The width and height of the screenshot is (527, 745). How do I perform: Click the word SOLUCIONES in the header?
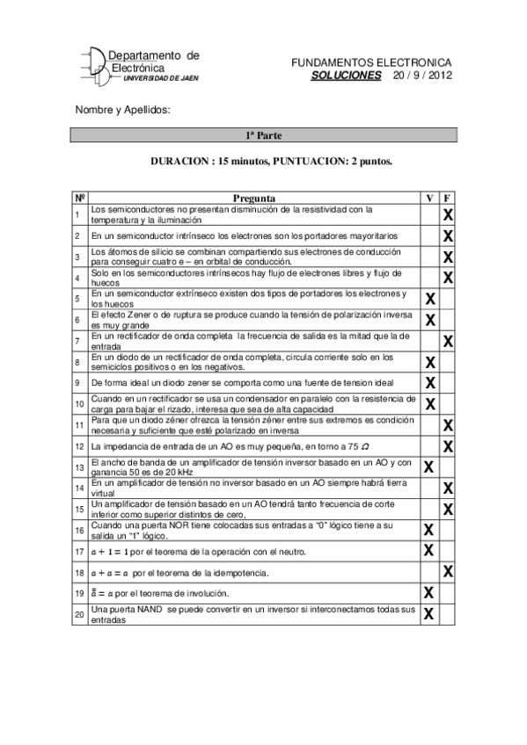[x=346, y=76]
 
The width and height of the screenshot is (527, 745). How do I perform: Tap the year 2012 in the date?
[x=437, y=76]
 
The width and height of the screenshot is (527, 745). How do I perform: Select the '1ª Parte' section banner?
[x=263, y=135]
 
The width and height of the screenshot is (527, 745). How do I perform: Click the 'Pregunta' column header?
[x=254, y=199]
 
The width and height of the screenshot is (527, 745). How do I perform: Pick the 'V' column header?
[x=429, y=199]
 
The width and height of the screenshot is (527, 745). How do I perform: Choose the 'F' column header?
[x=448, y=199]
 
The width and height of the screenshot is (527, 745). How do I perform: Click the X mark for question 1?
[x=448, y=215]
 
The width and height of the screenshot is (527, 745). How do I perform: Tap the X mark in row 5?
[x=430, y=299]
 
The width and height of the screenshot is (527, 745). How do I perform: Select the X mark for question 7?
[x=448, y=341]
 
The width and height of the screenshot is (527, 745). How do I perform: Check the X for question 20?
[x=430, y=614]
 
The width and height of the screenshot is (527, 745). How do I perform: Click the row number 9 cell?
[x=78, y=383]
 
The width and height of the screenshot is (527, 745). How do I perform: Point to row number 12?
[x=78, y=446]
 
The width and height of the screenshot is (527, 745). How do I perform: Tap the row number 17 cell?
[x=78, y=551]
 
